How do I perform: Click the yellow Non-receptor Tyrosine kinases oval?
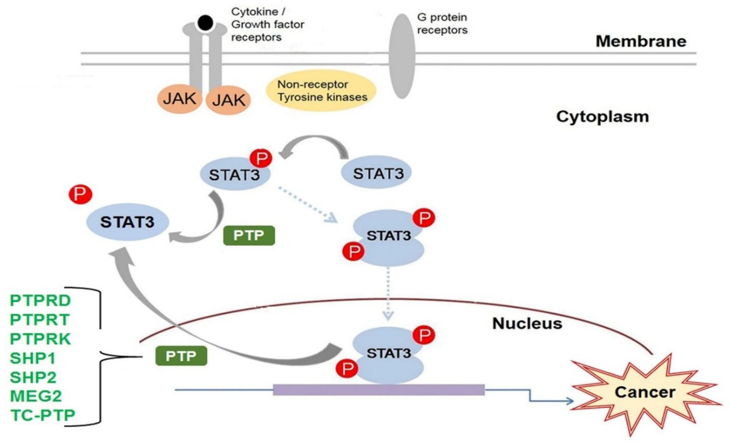pos(321,91)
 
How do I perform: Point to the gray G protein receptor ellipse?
pos(402,56)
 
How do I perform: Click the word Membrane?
pos(641,41)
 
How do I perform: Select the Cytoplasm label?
pos(602,117)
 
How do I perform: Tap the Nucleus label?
pos(527,323)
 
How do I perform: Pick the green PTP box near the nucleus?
pos(181,355)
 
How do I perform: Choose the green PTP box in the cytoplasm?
pos(249,236)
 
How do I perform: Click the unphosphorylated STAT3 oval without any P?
pos(376,173)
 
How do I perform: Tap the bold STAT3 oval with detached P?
pos(128,222)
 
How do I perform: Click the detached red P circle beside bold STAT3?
pos(80,194)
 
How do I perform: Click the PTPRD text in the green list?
pos(40,300)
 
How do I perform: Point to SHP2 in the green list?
pos(33,377)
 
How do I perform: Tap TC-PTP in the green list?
pos(43,415)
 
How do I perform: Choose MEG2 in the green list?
pos(36,396)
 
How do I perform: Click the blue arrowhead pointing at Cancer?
pos(569,401)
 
